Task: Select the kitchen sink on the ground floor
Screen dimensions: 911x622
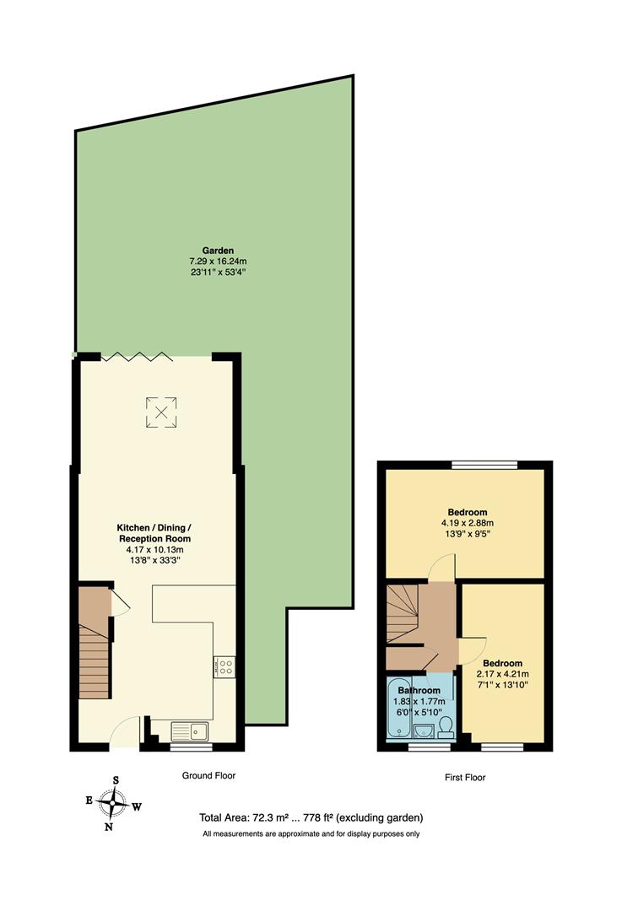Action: [x=191, y=730]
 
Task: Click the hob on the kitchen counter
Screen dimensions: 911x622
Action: [x=224, y=666]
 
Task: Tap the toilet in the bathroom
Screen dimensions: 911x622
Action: [x=447, y=728]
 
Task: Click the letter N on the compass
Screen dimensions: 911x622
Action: [x=109, y=827]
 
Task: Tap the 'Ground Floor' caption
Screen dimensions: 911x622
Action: [x=208, y=775]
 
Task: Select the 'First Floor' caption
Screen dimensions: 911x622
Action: [x=464, y=778]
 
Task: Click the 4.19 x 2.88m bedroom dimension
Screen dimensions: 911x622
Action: [x=467, y=523]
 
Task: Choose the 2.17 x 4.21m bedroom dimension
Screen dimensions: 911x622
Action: [x=503, y=674]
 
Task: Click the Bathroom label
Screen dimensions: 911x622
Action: [x=419, y=690]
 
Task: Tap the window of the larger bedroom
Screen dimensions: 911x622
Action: [x=484, y=463]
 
